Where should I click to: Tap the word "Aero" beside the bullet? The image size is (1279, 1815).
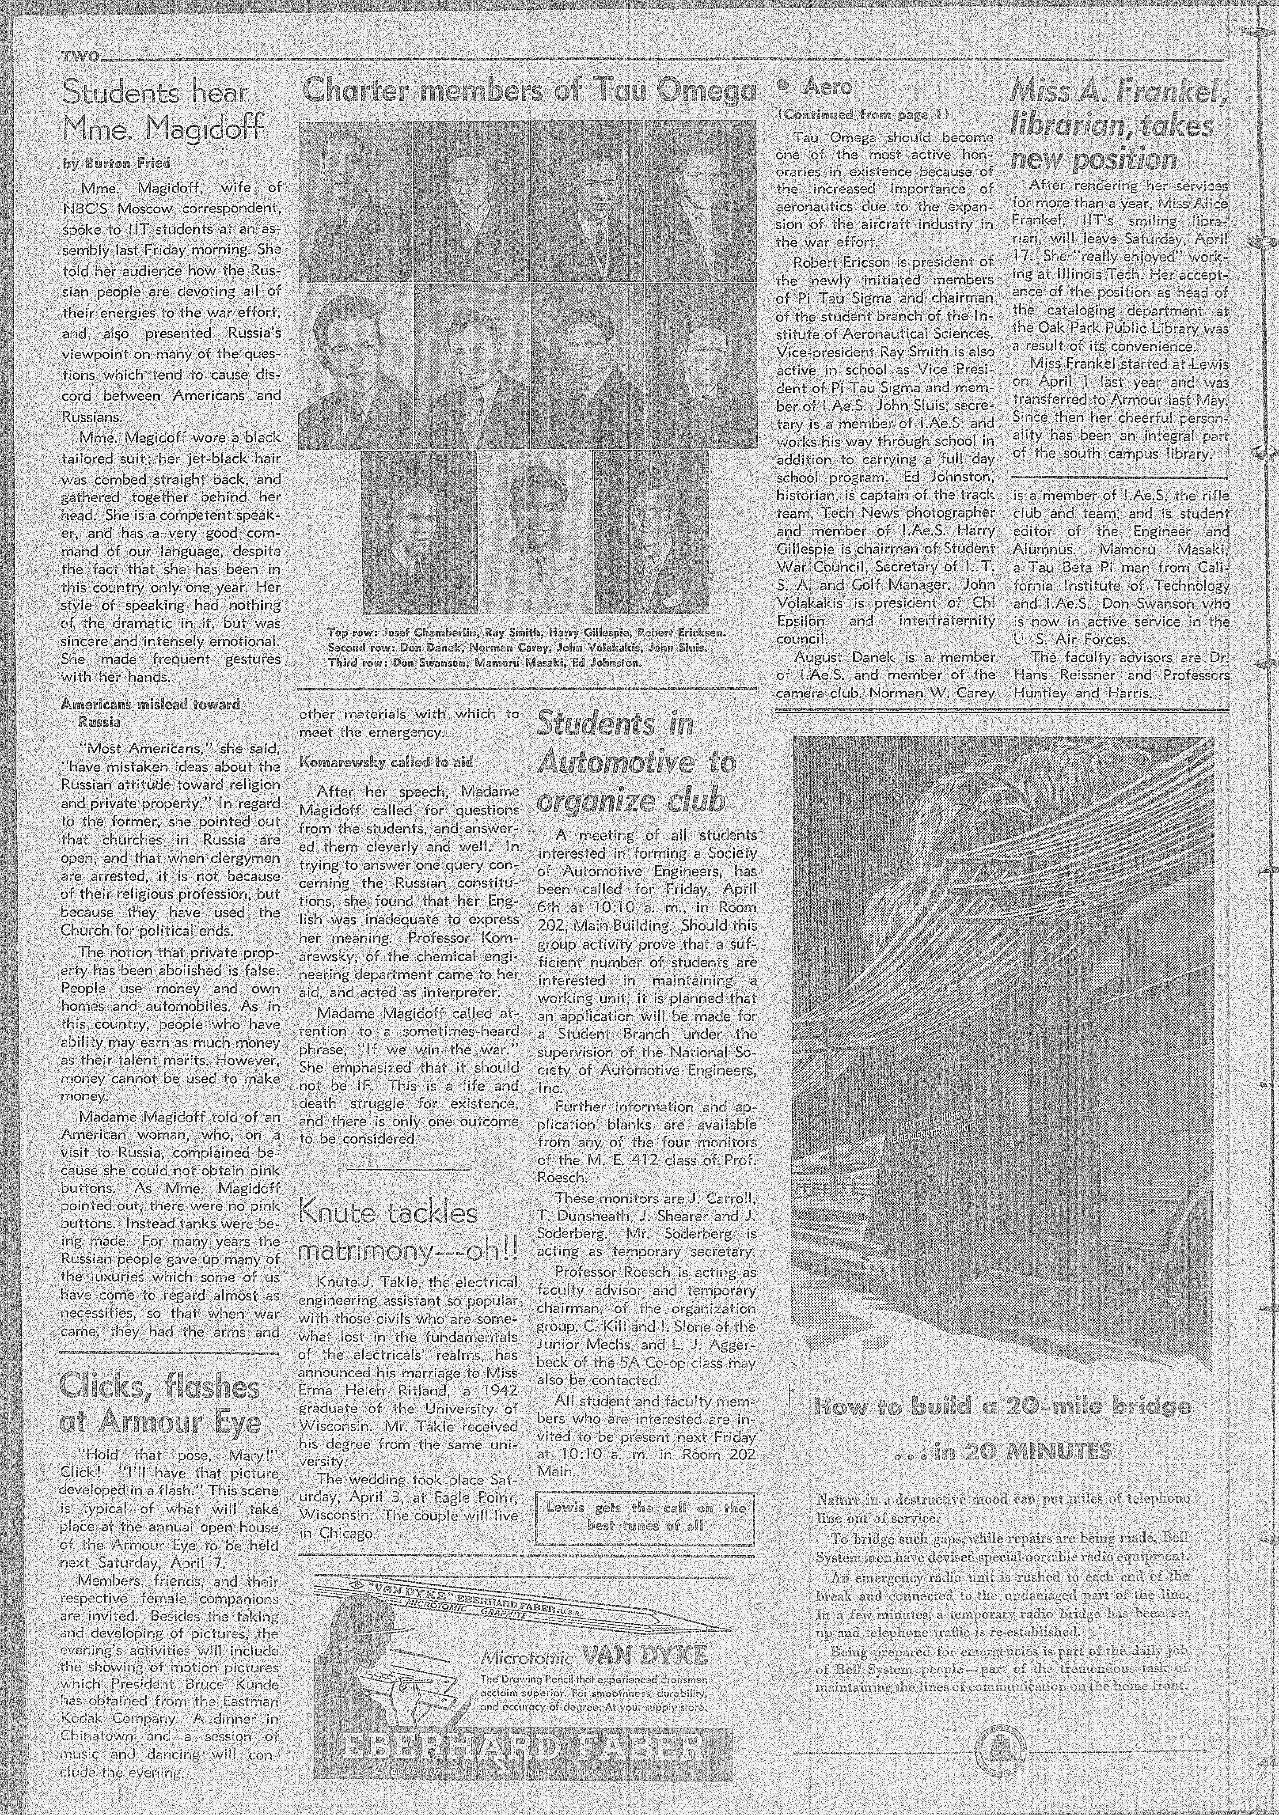(x=827, y=86)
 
